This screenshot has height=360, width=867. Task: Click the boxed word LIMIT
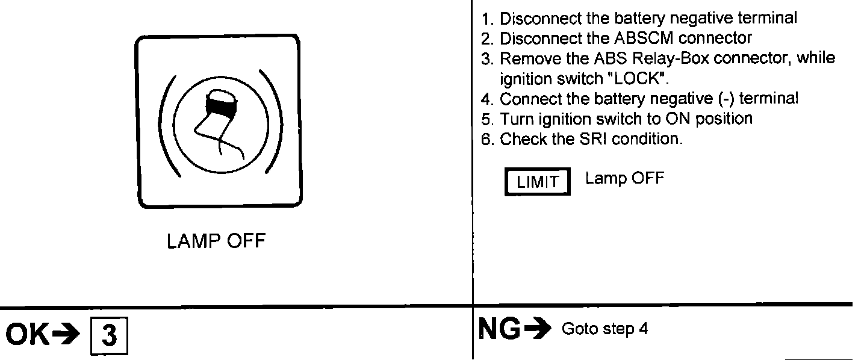coord(537,182)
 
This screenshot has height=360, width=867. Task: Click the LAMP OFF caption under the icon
coord(216,242)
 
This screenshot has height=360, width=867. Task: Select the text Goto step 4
coord(604,330)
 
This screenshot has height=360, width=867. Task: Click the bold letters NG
coord(499,329)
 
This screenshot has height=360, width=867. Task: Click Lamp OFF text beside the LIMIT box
coord(624,179)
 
